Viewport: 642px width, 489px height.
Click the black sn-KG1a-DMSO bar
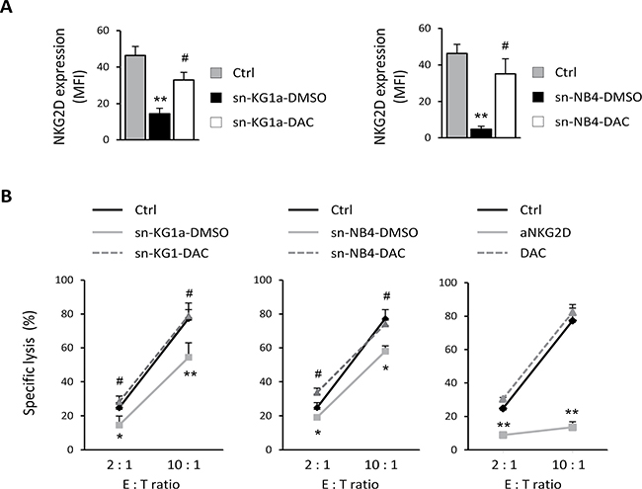pyautogui.click(x=159, y=126)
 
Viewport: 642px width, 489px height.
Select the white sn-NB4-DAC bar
pyautogui.click(x=505, y=106)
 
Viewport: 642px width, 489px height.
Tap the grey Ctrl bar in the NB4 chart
pyautogui.click(x=457, y=96)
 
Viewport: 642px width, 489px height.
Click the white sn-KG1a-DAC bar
pyautogui.click(x=184, y=110)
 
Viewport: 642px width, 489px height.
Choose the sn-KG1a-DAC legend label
pyautogui.click(x=273, y=122)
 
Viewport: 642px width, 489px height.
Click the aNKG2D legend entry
pyautogui.click(x=545, y=232)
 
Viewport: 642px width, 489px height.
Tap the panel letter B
pyautogui.click(x=6, y=197)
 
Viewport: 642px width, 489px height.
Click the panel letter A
pyautogui.click(x=6, y=7)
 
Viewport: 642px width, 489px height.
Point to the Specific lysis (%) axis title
pyautogui.click(x=30, y=363)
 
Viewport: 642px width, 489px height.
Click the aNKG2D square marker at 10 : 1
pyautogui.click(x=573, y=427)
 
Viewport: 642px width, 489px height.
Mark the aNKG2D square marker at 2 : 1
pyautogui.click(x=503, y=435)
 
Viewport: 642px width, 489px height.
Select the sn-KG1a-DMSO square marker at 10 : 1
pyautogui.click(x=189, y=357)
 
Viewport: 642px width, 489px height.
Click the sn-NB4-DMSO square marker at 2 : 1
pyautogui.click(x=317, y=417)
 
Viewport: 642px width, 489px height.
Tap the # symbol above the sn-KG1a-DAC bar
pyautogui.click(x=185, y=58)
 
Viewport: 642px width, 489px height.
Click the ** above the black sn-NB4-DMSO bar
pyautogui.click(x=481, y=116)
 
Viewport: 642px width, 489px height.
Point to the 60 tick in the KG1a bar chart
pyautogui.click(x=104, y=31)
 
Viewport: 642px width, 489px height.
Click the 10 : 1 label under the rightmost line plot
pyautogui.click(x=569, y=465)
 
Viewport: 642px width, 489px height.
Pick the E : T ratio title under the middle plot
pyautogui.click(x=350, y=484)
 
